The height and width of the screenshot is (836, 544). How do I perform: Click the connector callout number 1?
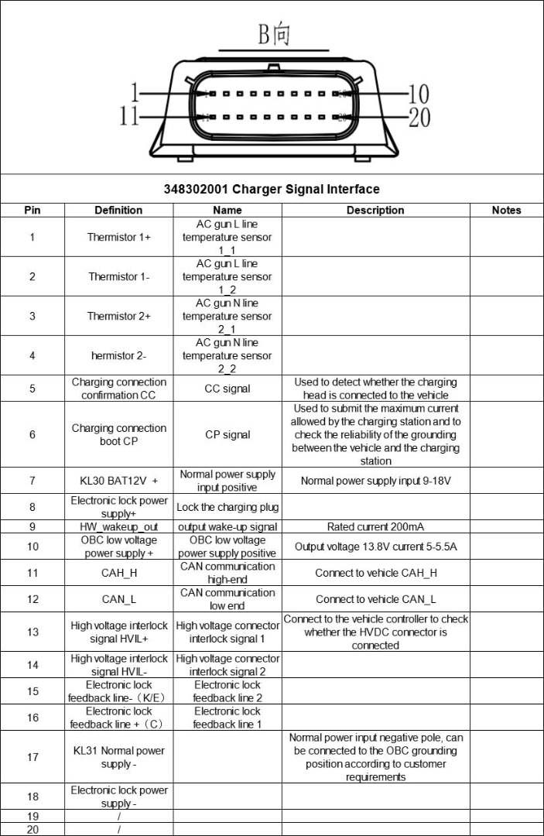pyautogui.click(x=134, y=94)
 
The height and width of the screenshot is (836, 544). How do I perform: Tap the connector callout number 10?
pyautogui.click(x=418, y=94)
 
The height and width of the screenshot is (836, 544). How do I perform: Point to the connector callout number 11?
pyautogui.click(x=129, y=117)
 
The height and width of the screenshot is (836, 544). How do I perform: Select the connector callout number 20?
pyautogui.click(x=418, y=117)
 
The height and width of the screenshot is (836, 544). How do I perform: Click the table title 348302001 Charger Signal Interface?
pyautogui.click(x=272, y=189)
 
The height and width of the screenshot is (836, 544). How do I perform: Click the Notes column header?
pyautogui.click(x=506, y=210)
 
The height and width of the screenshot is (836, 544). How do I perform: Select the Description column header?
pyautogui.click(x=375, y=210)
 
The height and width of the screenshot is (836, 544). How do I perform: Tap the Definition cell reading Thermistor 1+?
pyautogui.click(x=118, y=238)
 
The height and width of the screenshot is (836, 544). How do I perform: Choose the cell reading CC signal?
pyautogui.click(x=227, y=389)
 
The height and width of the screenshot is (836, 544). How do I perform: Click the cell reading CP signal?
pyautogui.click(x=227, y=434)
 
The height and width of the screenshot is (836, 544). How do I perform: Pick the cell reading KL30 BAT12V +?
pyautogui.click(x=118, y=481)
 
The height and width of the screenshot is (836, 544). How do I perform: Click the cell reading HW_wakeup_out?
pyautogui.click(x=118, y=527)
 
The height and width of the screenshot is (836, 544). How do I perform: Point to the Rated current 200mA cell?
pyautogui.click(x=375, y=527)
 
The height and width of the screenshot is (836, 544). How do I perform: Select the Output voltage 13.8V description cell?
pyautogui.click(x=375, y=546)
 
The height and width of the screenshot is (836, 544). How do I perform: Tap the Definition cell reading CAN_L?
pyautogui.click(x=118, y=599)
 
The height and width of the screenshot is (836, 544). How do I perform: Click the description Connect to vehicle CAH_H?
pyautogui.click(x=375, y=573)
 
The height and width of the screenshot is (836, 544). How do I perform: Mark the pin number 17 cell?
pyautogui.click(x=33, y=757)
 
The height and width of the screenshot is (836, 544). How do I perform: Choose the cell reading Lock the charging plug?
pyautogui.click(x=227, y=507)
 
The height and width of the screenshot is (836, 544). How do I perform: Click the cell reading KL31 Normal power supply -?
pyautogui.click(x=118, y=757)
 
